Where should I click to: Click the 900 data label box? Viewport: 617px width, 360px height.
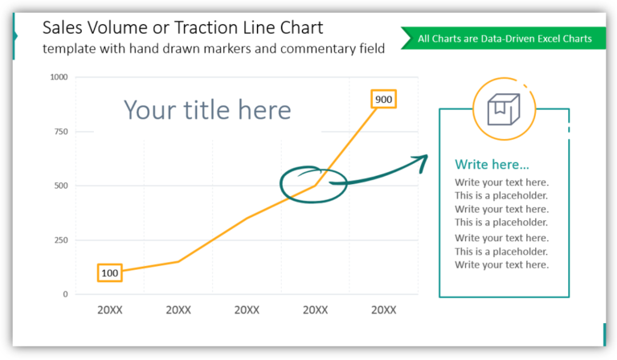[383, 100]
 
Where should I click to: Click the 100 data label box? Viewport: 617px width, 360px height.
[109, 273]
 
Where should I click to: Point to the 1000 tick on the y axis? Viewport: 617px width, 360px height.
[59, 77]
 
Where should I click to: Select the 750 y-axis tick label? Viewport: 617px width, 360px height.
[61, 132]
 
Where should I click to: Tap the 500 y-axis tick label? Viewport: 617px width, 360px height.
[61, 186]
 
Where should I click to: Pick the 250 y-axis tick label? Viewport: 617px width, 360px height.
[61, 240]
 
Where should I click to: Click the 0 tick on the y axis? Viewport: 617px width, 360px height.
[65, 294]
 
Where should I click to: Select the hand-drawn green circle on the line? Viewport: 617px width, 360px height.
[312, 184]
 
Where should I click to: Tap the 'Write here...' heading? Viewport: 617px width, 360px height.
[492, 165]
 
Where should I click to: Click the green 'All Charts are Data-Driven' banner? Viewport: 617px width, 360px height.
[505, 38]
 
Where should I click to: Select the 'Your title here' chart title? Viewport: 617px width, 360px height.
[207, 109]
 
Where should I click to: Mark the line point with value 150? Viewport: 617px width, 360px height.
[178, 261]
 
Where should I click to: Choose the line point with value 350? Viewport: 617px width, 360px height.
[247, 218]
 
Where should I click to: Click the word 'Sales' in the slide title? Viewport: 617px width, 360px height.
[62, 28]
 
